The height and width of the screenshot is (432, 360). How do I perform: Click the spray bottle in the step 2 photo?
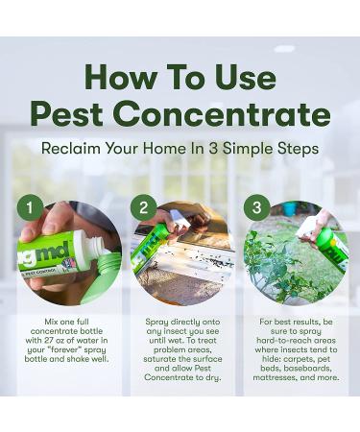pos(153,245)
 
